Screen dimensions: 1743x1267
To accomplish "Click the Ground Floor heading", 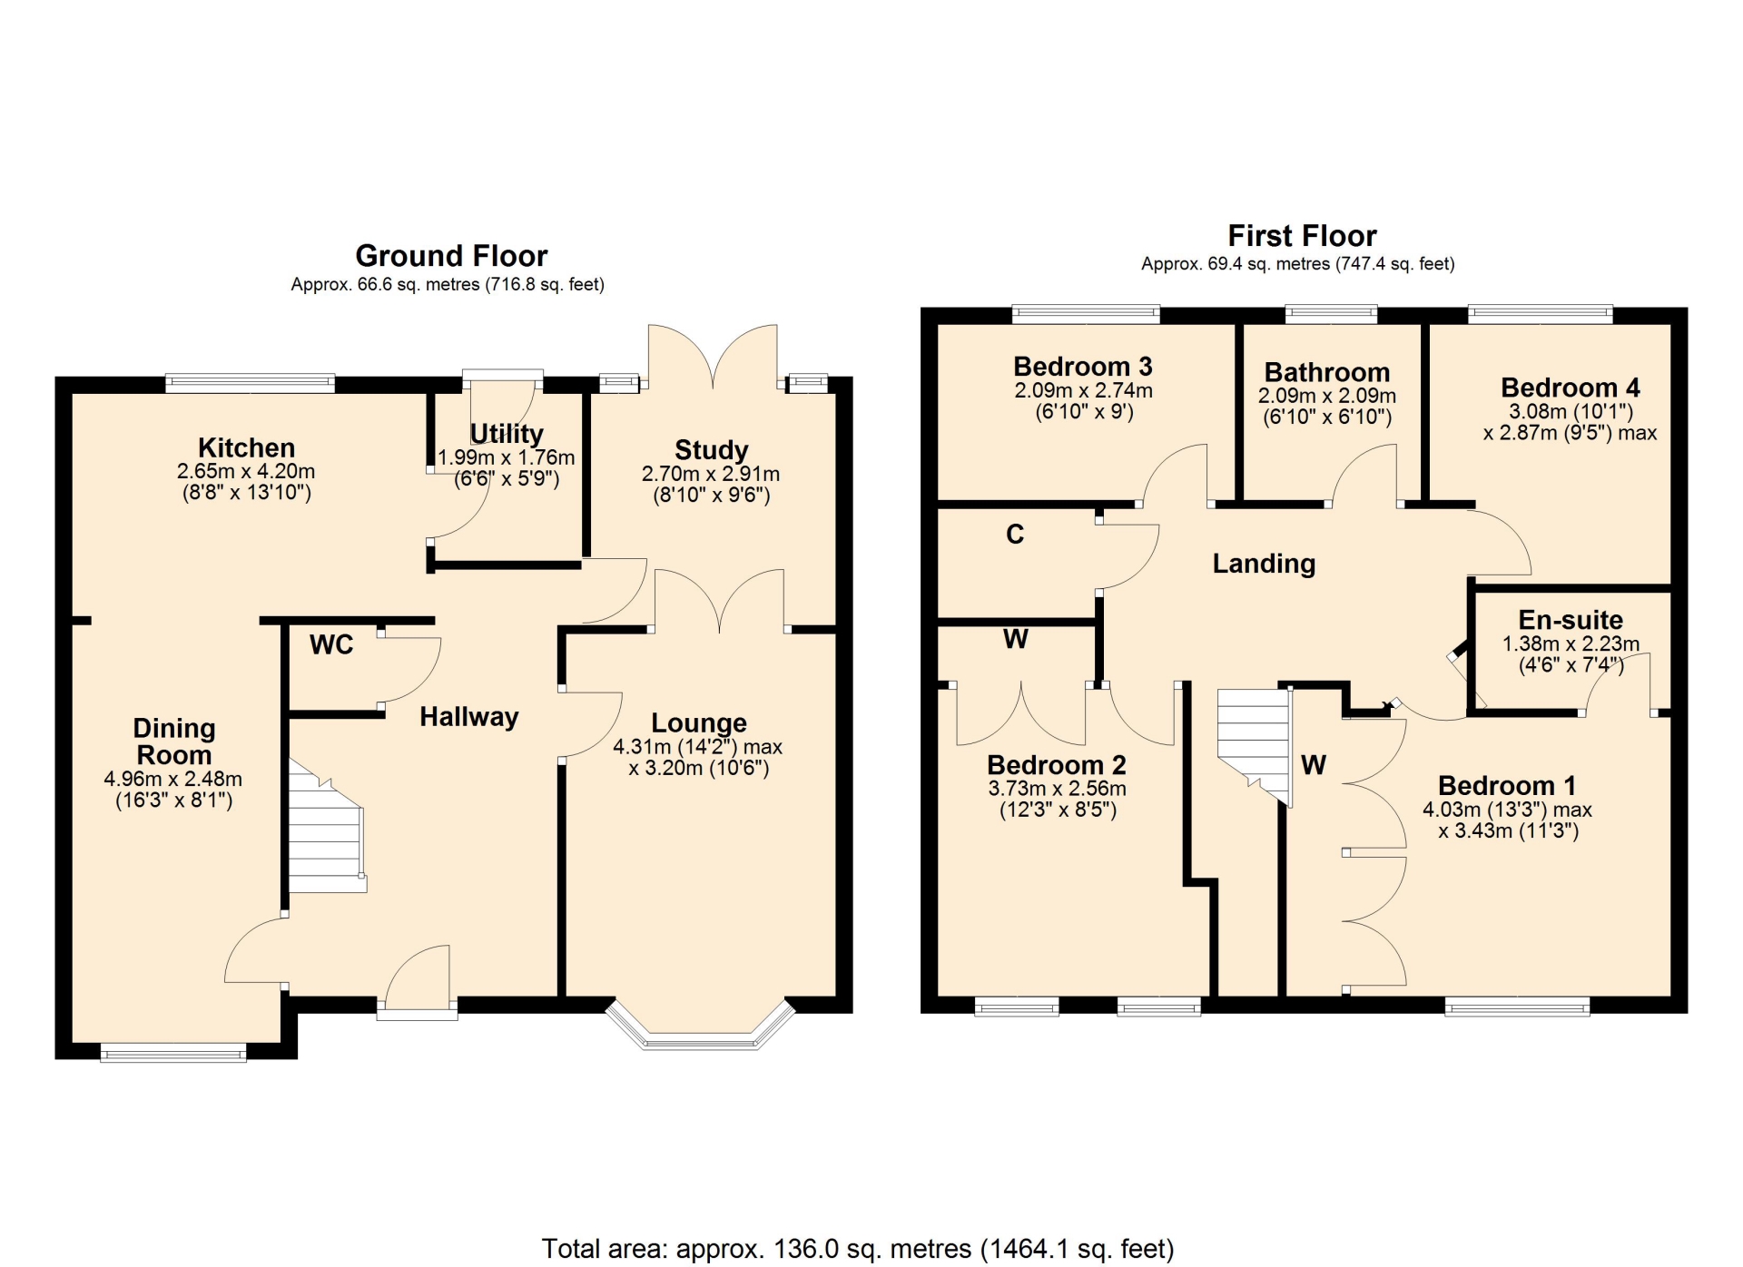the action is point(451,256).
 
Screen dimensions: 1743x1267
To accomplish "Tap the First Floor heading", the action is point(1302,236).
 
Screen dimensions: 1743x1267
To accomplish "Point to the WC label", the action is point(331,644).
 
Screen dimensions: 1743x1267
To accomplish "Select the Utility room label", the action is point(507,434).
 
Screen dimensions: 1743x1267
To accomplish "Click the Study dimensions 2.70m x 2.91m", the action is point(711,474).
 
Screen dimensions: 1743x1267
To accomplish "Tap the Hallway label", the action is point(469,717).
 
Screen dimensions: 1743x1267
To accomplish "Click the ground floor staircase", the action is point(327,826).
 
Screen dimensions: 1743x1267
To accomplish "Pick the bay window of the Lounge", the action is point(700,1026).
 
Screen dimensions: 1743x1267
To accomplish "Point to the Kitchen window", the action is point(251,384).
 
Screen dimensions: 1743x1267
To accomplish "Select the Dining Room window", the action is point(173,1053).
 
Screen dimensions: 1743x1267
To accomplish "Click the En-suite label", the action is point(1571,620).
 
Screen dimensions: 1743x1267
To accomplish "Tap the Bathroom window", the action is point(1332,315).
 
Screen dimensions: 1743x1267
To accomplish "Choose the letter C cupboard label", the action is point(1015,535).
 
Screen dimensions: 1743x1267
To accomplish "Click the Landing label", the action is point(1264,564).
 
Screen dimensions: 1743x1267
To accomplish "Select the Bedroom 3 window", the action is point(1087,315).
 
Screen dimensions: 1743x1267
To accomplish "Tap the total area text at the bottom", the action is point(858,1249).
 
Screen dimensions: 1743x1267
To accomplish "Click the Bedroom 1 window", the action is point(1518,1006).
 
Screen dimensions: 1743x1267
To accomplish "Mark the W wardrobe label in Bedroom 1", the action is point(1314,765).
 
